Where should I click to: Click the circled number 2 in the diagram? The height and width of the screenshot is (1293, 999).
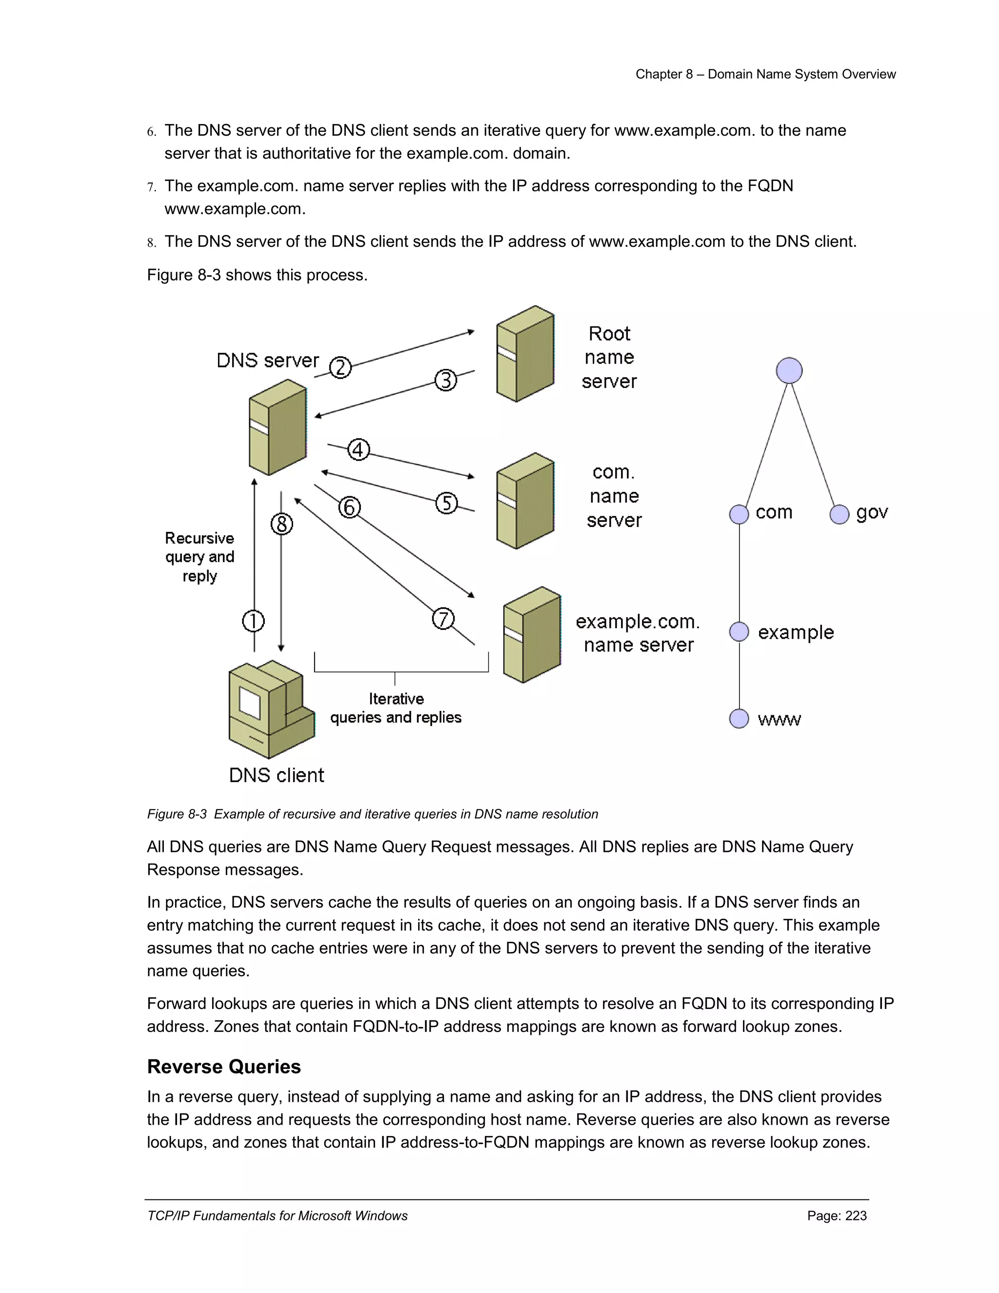(x=340, y=368)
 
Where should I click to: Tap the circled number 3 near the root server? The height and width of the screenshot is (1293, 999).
(x=446, y=380)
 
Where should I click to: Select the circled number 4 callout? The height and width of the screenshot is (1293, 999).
(x=358, y=450)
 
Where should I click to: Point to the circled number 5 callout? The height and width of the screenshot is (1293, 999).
(x=446, y=503)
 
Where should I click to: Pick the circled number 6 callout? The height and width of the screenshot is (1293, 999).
(x=349, y=507)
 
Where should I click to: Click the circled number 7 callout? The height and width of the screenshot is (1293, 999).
(x=443, y=619)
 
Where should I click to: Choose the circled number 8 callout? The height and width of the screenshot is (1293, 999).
(x=282, y=524)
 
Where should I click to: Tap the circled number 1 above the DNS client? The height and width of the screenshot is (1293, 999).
(x=253, y=621)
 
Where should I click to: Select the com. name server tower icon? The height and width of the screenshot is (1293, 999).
(x=525, y=501)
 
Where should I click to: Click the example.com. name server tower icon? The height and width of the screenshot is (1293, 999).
(x=532, y=635)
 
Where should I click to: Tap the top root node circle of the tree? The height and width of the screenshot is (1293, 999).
(x=789, y=371)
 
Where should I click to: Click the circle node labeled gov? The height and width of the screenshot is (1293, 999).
(x=839, y=514)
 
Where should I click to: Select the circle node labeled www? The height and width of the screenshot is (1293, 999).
(x=739, y=719)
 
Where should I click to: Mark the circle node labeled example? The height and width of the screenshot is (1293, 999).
(x=739, y=632)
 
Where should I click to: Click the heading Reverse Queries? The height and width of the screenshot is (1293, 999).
(x=224, y=1066)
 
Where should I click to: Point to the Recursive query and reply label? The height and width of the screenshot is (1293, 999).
(x=200, y=557)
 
